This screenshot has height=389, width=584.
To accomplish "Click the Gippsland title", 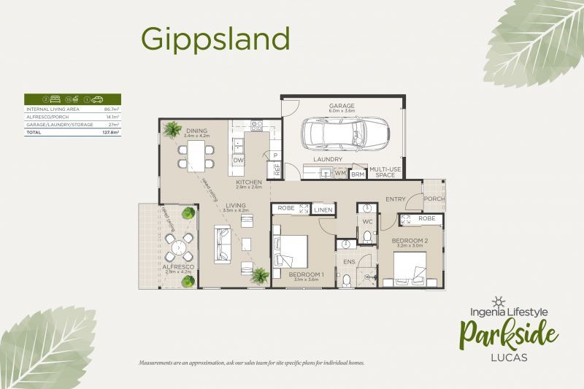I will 215,37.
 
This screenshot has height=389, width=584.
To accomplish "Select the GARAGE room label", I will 341,106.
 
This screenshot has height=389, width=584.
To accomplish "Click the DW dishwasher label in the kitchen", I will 238,159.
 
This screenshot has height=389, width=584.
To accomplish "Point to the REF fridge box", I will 277,170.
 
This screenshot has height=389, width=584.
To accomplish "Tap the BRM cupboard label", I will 358,174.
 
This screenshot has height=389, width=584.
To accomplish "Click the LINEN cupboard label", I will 323,210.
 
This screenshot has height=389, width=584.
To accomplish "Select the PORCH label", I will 434,199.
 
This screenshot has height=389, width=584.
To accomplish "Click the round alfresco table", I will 178,247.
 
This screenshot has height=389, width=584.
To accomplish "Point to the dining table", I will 196,153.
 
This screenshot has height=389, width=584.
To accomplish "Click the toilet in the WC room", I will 367,236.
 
